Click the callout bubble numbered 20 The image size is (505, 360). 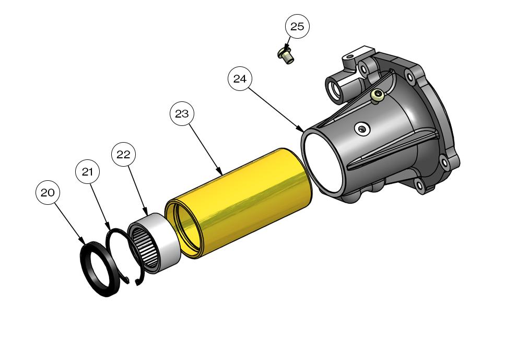point(48,193)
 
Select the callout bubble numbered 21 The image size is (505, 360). point(87,172)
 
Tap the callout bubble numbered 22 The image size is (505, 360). point(123,155)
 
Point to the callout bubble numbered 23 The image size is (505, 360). point(182,114)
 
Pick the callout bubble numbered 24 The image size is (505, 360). point(240,79)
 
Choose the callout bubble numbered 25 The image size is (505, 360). point(297,27)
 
